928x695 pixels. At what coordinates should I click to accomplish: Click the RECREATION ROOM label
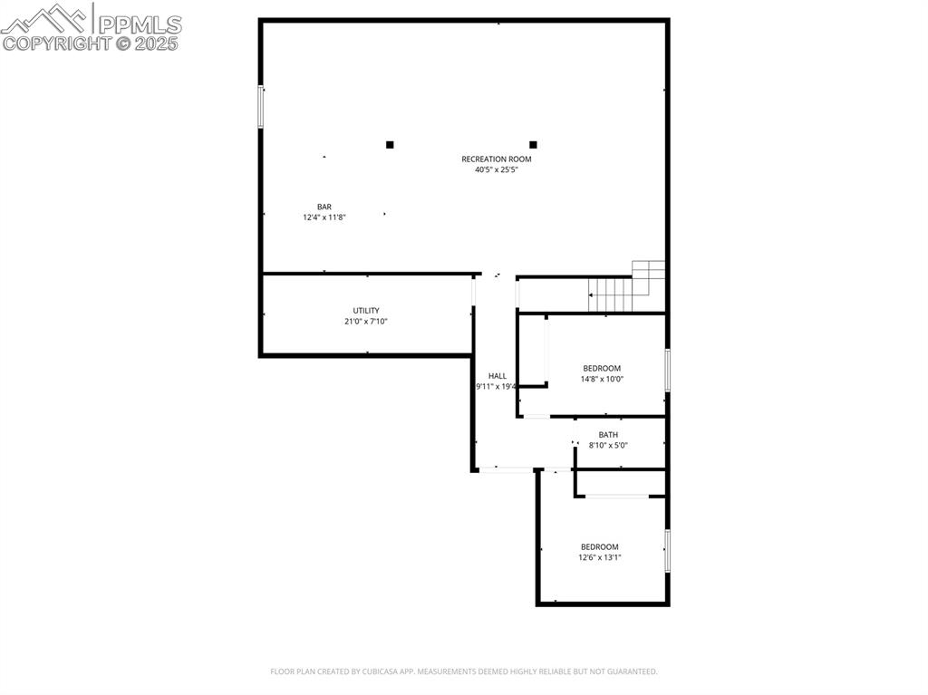click(x=497, y=159)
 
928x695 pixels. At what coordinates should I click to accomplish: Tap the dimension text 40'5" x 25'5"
click(x=497, y=169)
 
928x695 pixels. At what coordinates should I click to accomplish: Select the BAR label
click(x=324, y=207)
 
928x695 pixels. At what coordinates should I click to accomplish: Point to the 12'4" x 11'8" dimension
click(x=324, y=217)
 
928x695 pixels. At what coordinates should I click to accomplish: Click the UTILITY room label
click(x=366, y=311)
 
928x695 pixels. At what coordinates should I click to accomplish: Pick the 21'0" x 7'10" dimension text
click(x=366, y=322)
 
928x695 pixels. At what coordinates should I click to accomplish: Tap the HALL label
click(x=498, y=376)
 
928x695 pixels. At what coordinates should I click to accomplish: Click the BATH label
click(x=608, y=435)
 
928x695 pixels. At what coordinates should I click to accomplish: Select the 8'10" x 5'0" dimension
click(x=608, y=446)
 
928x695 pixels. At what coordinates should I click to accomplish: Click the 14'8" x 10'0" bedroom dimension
click(x=602, y=380)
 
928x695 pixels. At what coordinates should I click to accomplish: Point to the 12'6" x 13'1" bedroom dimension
click(x=600, y=558)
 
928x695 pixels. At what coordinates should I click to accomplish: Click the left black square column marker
click(x=390, y=144)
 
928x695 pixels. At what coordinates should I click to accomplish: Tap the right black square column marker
click(x=533, y=144)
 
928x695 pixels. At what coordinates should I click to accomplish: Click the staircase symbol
click(x=631, y=288)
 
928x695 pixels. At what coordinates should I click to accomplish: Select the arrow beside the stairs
click(x=592, y=294)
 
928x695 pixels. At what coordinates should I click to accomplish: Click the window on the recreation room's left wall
click(x=260, y=106)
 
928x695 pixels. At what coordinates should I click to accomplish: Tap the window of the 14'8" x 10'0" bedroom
click(x=668, y=370)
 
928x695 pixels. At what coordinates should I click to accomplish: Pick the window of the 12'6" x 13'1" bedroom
click(x=668, y=550)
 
